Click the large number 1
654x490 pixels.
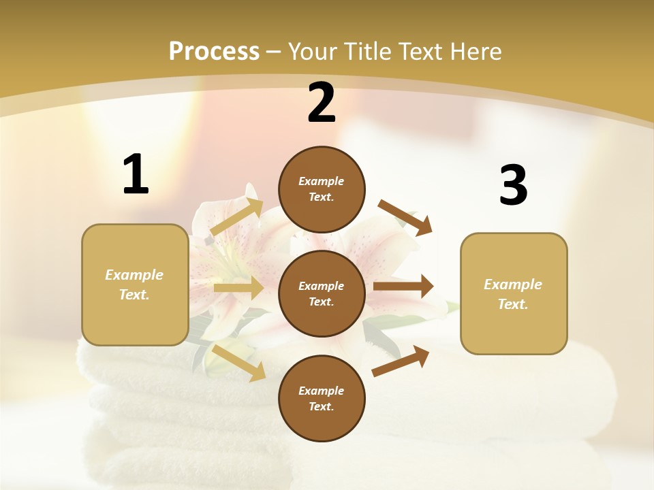tap(136, 174)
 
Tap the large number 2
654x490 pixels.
tap(322, 103)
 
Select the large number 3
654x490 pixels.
tap(513, 185)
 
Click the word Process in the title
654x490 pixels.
tap(214, 51)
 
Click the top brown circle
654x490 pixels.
tap(322, 189)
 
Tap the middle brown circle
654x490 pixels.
tap(322, 293)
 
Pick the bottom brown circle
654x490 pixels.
tap(322, 398)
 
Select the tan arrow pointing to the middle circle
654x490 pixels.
tap(238, 288)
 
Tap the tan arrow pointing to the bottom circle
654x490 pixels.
tap(239, 363)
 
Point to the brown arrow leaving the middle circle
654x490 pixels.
tap(403, 287)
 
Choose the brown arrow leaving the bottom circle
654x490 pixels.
tap(401, 361)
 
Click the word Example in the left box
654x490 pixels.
tap(134, 275)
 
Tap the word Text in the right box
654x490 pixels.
tap(512, 304)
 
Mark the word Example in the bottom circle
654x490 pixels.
tap(322, 391)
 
